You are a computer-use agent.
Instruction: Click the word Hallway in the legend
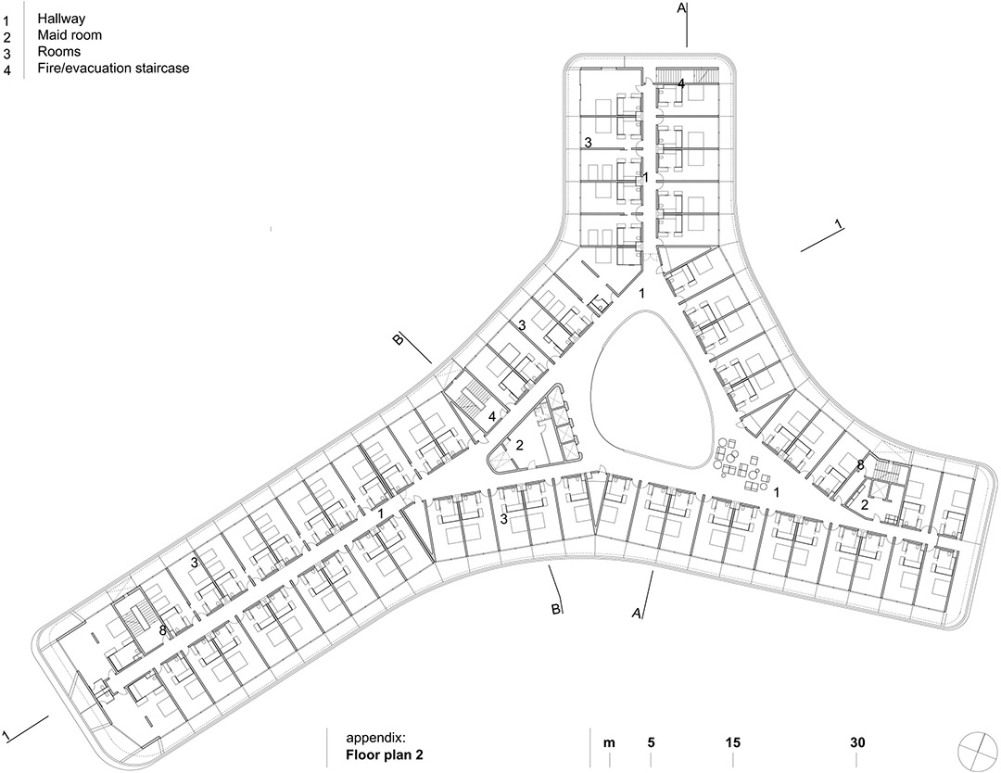pyautogui.click(x=60, y=19)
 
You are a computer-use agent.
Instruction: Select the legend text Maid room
pyautogui.click(x=70, y=35)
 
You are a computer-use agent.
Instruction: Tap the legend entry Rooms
pyautogui.click(x=58, y=51)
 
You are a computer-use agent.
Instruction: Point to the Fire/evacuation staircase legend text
pyautogui.click(x=113, y=68)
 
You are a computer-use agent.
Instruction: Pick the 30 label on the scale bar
pyautogui.click(x=857, y=742)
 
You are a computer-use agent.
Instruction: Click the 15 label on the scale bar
pyautogui.click(x=733, y=742)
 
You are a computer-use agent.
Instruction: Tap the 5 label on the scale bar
pyautogui.click(x=652, y=742)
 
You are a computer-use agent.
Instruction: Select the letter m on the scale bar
pyautogui.click(x=610, y=743)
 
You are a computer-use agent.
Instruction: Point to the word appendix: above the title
pyautogui.click(x=375, y=739)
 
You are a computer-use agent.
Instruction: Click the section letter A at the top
pyautogui.click(x=681, y=7)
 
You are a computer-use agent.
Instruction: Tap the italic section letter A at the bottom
pyautogui.click(x=637, y=613)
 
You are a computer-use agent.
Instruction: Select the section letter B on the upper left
pyautogui.click(x=398, y=340)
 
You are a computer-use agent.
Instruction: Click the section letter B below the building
pyautogui.click(x=556, y=609)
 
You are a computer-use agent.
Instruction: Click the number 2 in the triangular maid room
pyautogui.click(x=520, y=445)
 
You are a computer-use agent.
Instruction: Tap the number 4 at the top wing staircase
pyautogui.click(x=681, y=83)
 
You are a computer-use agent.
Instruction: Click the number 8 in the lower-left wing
pyautogui.click(x=163, y=630)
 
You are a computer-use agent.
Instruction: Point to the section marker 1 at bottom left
pyautogui.click(x=6, y=732)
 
